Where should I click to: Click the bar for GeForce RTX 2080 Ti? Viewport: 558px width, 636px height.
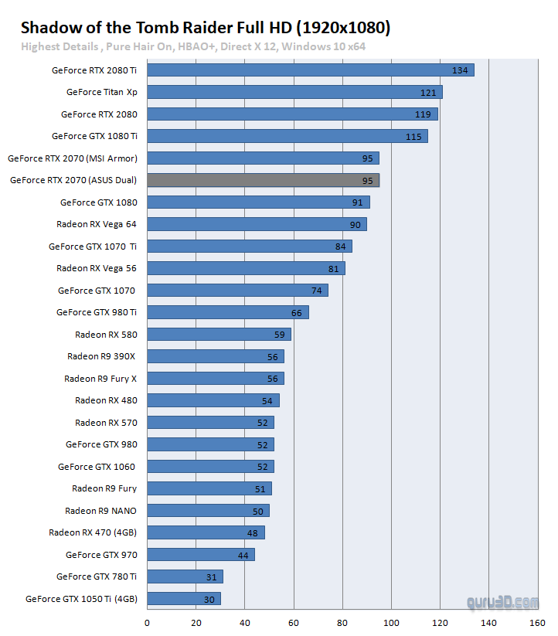(309, 70)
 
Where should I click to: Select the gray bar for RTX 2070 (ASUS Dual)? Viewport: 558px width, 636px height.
(263, 180)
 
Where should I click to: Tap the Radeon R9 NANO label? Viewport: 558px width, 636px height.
(100, 510)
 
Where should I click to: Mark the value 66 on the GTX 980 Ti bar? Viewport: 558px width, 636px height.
(297, 312)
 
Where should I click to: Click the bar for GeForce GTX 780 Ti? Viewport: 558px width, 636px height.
(185, 576)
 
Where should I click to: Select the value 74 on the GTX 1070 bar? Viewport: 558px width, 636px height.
(316, 291)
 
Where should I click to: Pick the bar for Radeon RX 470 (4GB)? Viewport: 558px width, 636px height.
(206, 532)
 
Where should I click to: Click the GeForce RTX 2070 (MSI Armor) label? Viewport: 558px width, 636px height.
(73, 158)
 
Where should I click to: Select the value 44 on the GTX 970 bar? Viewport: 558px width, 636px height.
(243, 555)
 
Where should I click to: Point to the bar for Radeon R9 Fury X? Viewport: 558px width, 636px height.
(216, 379)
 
